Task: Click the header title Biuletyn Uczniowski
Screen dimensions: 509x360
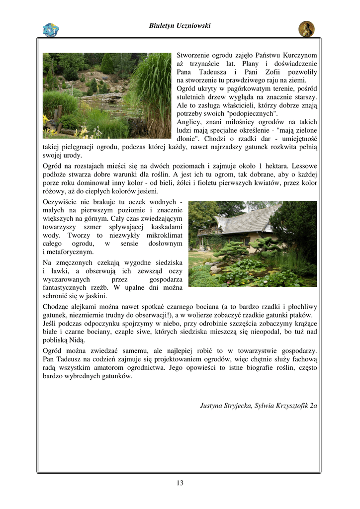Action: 180,26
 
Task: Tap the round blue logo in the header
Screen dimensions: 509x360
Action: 51,30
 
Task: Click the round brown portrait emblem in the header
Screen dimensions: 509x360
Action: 306,29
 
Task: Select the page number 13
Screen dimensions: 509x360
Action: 180,483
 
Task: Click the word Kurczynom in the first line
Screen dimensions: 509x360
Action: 300,55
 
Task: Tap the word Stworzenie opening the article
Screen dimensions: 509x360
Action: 194,55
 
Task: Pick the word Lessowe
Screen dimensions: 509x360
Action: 304,166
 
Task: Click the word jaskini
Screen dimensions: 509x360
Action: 96,296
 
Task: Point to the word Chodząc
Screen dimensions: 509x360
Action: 56,307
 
